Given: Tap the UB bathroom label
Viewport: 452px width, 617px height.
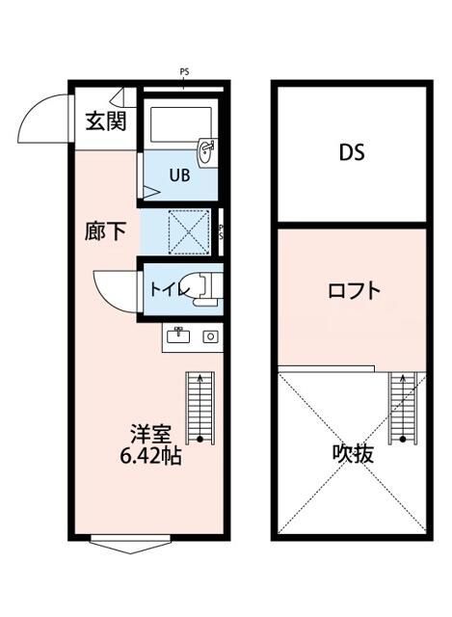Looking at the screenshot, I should tap(179, 175).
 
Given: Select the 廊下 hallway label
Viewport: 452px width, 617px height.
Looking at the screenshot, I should tap(104, 231).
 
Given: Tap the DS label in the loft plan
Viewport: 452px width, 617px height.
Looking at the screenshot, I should tap(351, 153).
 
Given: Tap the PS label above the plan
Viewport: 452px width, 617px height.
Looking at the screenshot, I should tap(183, 70).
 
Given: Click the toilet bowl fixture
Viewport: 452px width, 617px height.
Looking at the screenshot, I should tap(201, 288).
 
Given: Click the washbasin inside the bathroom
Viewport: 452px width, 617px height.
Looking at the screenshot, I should tap(206, 150).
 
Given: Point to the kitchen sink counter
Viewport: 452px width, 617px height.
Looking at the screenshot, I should tap(193, 336).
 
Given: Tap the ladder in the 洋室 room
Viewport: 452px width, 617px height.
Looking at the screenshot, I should tap(199, 406).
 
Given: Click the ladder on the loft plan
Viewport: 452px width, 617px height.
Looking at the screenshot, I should tap(401, 406).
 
